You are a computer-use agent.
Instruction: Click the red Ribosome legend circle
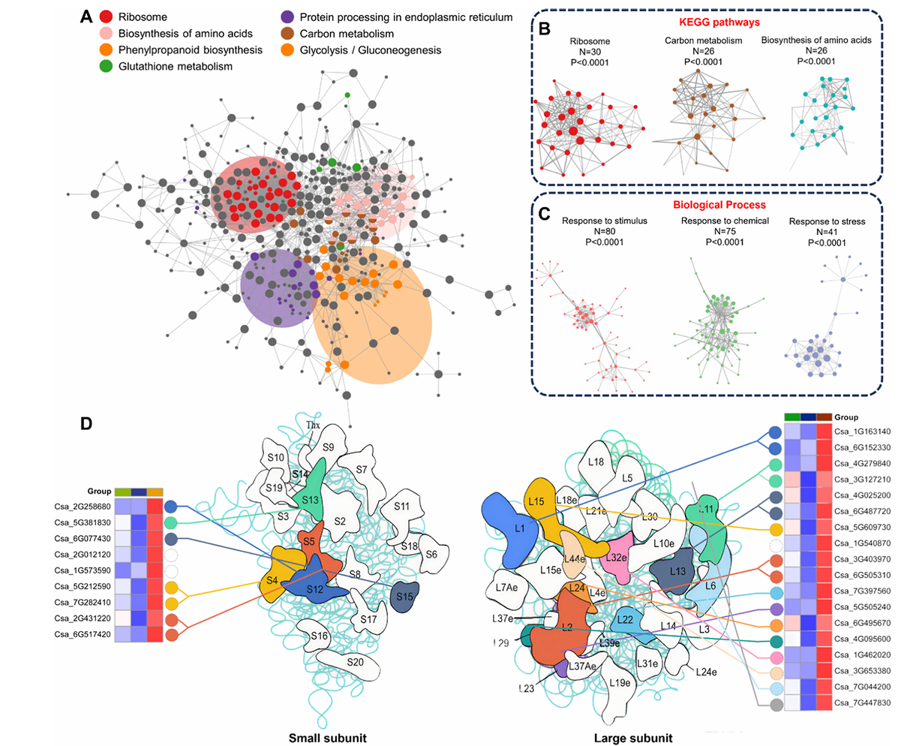pos(107,17)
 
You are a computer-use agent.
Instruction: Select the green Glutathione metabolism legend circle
pos(107,66)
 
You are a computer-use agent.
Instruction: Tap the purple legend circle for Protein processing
pos(286,17)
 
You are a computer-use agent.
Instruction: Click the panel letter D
pos(86,424)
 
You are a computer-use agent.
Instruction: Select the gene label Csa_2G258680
pos(82,507)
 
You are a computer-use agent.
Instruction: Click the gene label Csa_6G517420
pos(82,634)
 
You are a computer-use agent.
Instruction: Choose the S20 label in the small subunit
pos(355,662)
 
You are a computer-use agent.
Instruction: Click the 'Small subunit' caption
pos(328,738)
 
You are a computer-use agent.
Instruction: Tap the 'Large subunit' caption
pos(632,738)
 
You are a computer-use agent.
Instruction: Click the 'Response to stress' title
pos(827,221)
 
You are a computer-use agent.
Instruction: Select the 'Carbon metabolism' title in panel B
pos(704,40)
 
